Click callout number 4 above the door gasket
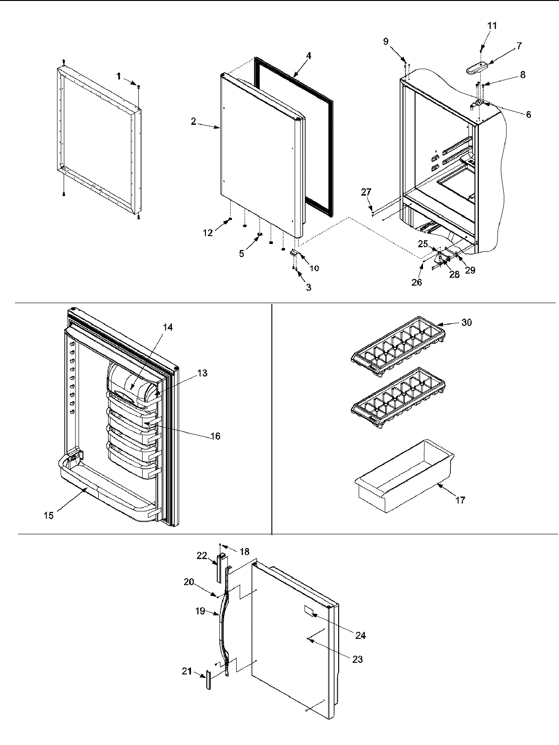308,55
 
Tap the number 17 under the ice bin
460,501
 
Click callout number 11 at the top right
492,26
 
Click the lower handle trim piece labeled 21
208,681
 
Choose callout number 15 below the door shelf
49,515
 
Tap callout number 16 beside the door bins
215,436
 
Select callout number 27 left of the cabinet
366,191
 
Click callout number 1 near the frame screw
119,76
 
